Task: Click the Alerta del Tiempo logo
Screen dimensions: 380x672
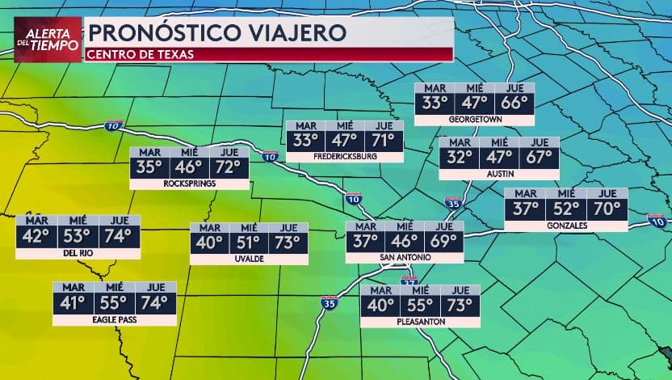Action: point(48,39)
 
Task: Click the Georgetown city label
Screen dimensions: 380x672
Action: point(475,119)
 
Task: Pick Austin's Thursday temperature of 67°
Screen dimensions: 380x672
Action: point(540,157)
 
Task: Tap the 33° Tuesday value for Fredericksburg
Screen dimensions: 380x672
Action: point(306,140)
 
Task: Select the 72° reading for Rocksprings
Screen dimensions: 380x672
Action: point(229,168)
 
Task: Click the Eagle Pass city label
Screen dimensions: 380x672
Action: point(115,320)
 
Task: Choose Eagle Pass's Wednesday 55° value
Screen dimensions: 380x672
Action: point(115,303)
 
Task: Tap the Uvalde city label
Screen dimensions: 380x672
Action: point(249,260)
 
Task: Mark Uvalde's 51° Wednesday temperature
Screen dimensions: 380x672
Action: point(249,243)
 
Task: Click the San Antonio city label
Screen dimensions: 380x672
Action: point(405,258)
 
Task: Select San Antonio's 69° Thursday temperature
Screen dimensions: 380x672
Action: point(443,241)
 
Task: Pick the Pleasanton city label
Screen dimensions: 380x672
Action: point(420,322)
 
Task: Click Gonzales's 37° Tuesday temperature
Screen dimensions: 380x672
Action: point(524,209)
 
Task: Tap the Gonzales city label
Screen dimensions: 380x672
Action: point(565,226)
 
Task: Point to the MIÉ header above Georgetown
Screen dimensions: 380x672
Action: point(474,88)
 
